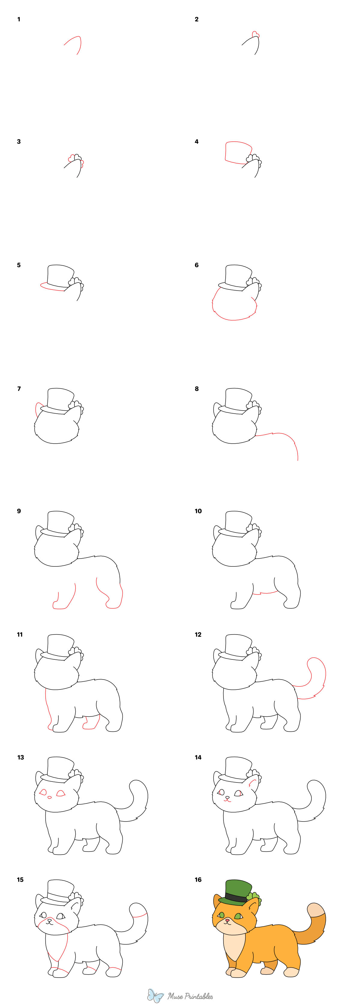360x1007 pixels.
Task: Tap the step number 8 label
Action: [x=196, y=389]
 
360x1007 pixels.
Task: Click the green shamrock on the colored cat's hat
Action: [x=256, y=897]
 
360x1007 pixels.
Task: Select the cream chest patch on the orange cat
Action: [x=234, y=942]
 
